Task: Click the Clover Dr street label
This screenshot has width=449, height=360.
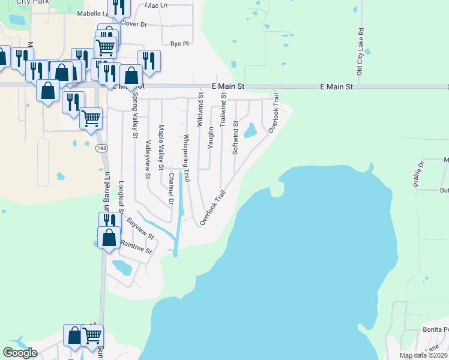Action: click(x=133, y=24)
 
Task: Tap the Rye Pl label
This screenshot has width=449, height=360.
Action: click(x=179, y=44)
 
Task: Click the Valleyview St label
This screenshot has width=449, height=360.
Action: click(x=148, y=160)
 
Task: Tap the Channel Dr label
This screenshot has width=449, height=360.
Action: click(x=171, y=189)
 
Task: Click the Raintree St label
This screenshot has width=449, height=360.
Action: click(x=136, y=247)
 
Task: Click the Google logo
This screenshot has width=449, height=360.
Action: click(x=20, y=353)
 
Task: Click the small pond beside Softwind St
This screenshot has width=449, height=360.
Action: click(x=250, y=130)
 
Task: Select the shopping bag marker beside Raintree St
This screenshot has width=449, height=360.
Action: click(x=110, y=238)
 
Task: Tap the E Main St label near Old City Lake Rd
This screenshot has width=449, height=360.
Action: click(x=336, y=87)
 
